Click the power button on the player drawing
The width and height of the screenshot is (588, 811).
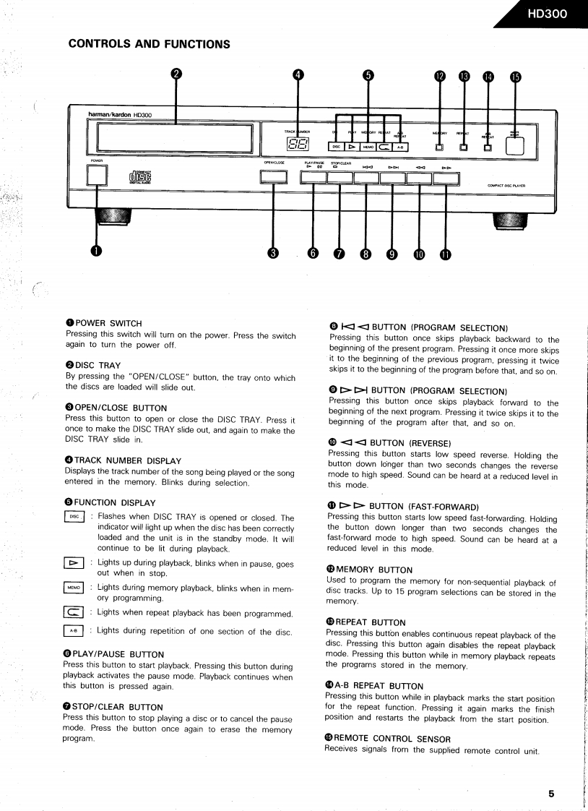click(97, 175)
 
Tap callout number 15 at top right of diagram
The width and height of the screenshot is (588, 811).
click(515, 77)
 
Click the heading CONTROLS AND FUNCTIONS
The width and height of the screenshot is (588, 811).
click(149, 44)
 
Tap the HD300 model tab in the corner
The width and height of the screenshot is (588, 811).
click(548, 14)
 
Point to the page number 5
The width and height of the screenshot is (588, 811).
click(551, 793)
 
